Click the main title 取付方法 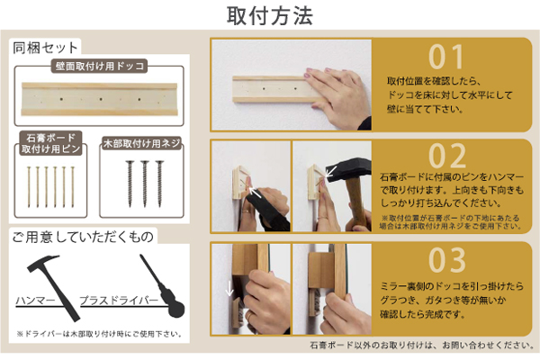click(270, 15)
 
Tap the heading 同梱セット click(45, 48)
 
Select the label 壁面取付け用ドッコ click(100, 66)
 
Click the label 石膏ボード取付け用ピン click(50, 143)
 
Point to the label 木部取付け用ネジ click(142, 143)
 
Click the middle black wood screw click(145, 184)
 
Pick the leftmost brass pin click(30, 187)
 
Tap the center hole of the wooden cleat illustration click(101, 99)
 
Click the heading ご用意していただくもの click(83, 237)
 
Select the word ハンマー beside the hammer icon click(35, 301)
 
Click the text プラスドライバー click(119, 301)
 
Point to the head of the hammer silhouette click(43, 263)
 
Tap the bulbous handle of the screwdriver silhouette click(175, 308)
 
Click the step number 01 click(446, 57)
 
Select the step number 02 click(447, 156)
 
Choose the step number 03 click(447, 260)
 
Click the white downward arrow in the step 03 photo click(229, 288)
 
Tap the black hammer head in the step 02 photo click(347, 170)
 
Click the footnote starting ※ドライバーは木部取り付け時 click(99, 334)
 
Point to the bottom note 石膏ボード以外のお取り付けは click(422, 345)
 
